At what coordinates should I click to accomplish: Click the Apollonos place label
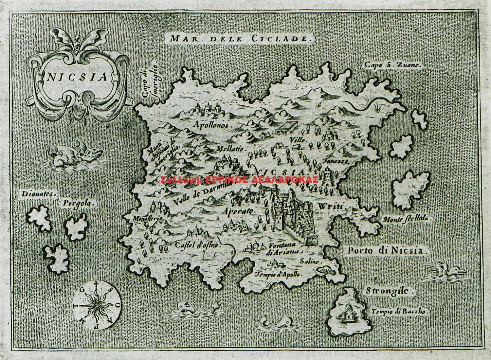(x=212, y=125)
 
